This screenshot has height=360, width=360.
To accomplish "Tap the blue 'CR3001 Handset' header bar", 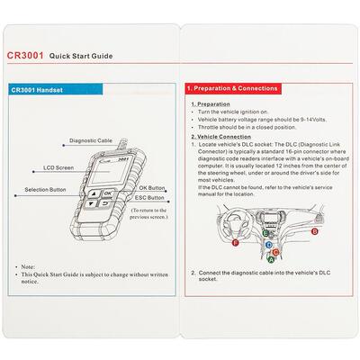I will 90,91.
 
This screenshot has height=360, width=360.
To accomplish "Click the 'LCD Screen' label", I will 58,167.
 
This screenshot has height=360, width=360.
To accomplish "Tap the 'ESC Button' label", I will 150,197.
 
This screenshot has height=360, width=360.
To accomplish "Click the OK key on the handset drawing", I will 107,193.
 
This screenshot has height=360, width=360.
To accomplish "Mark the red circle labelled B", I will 315,230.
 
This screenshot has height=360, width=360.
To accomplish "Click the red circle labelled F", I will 235,243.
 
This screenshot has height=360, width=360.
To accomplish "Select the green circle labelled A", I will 273,257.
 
